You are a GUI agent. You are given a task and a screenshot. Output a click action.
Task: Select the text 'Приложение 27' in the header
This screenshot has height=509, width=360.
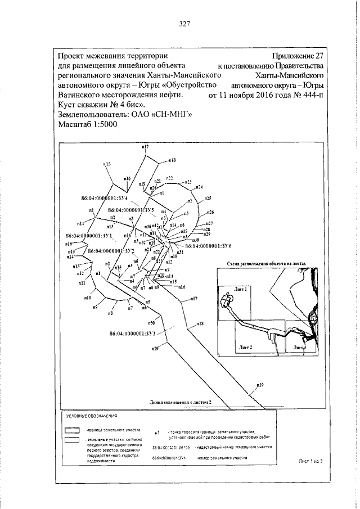pos(297,56)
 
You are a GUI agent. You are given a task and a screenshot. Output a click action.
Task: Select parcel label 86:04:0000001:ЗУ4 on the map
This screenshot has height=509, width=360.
pos(106,198)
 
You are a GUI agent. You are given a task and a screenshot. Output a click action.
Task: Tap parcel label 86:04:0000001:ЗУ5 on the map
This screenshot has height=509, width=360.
pos(130,209)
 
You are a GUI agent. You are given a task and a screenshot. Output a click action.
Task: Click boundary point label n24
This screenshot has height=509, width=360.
pos(200,187)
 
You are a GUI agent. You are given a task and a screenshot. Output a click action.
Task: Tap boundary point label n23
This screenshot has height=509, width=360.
pos(188,182)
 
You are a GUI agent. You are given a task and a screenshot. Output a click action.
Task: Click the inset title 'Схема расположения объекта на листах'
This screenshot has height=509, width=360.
pos(265,263)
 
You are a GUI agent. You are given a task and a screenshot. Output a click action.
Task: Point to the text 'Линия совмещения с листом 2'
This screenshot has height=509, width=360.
pos(181,403)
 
